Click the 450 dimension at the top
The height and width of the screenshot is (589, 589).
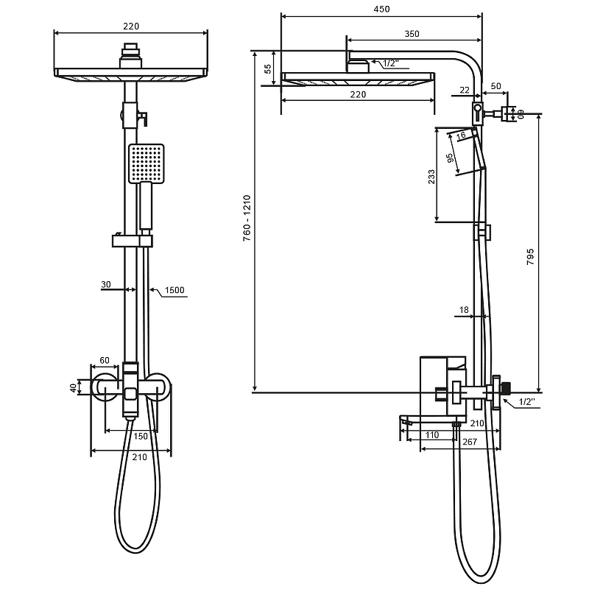point(381,9)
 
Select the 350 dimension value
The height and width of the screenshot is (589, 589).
point(412,34)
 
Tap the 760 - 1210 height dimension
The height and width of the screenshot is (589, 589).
point(247,218)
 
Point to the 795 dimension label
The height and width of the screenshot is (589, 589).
point(530,257)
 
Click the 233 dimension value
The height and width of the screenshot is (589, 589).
point(431,177)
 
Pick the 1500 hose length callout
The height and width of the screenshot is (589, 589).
point(174,290)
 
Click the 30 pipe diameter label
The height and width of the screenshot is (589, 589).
point(106,284)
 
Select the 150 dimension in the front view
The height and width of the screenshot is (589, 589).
point(141,436)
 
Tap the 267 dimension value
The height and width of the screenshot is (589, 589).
point(470,442)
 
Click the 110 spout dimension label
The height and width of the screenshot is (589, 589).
point(432,434)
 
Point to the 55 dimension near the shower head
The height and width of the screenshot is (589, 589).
point(267,68)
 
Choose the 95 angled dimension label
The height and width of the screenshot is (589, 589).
point(450,158)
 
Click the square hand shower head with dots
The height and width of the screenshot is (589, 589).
point(147,163)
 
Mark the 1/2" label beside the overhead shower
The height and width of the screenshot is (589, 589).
point(391,63)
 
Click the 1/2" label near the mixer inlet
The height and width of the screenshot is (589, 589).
point(526,401)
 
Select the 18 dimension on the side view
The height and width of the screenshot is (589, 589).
point(464,309)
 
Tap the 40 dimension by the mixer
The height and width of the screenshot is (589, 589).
point(74,387)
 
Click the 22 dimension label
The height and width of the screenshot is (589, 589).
point(465,90)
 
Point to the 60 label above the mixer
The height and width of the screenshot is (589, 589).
point(105,360)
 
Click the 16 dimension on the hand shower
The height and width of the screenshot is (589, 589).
point(462,135)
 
